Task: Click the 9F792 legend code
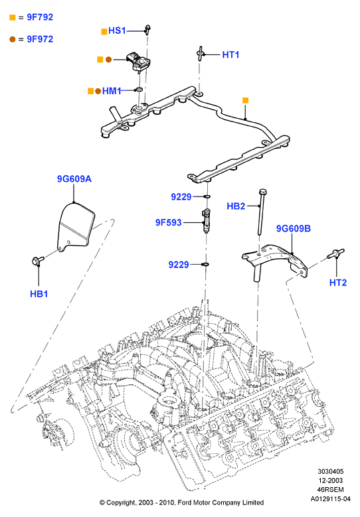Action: tap(40, 17)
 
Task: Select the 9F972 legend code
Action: tap(40, 39)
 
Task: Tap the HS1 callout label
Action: tap(117, 31)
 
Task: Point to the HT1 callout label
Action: tap(230, 54)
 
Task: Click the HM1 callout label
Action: tap(112, 91)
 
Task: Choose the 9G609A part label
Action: tap(74, 179)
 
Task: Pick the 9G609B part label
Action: tap(294, 228)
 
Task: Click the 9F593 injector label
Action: tap(169, 222)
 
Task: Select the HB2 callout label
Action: tap(236, 206)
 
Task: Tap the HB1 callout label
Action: tap(39, 294)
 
